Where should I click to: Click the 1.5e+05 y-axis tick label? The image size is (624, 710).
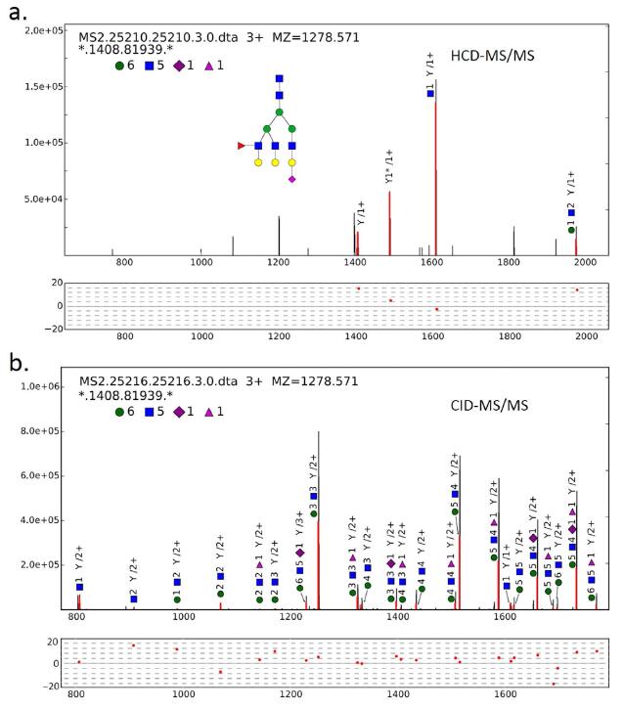pyautogui.click(x=42, y=86)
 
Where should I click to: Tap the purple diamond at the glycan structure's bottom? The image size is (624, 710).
pyautogui.click(x=292, y=179)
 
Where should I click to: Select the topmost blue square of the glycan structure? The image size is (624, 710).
pyautogui.click(x=280, y=78)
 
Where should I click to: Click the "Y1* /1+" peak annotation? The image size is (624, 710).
pyautogui.click(x=388, y=167)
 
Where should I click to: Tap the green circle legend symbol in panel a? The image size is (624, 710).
pyautogui.click(x=119, y=66)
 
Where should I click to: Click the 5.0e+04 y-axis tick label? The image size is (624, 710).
pyautogui.click(x=42, y=199)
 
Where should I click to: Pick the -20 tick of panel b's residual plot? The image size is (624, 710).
pyautogui.click(x=54, y=686)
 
